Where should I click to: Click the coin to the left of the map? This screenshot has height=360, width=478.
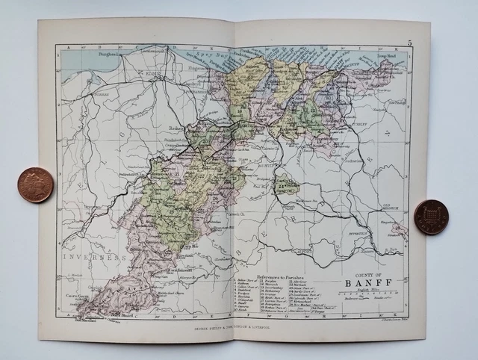36,185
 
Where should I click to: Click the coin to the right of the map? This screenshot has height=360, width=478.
431,217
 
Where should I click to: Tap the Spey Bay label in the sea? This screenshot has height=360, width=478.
206,56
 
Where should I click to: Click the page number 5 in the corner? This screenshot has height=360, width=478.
409,43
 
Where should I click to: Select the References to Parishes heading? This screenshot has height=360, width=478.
279,274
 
